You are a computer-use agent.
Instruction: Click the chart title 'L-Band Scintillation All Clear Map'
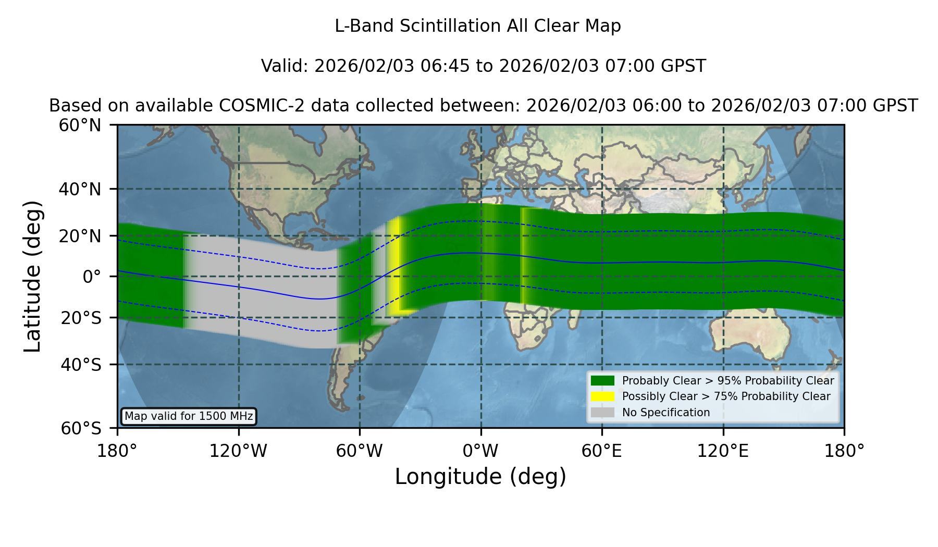[478, 26]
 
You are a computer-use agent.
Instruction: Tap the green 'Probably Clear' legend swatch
[602, 381]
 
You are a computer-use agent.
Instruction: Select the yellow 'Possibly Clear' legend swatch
[602, 396]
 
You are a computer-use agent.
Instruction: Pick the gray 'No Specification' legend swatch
[602, 413]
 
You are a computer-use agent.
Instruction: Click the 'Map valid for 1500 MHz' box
[189, 416]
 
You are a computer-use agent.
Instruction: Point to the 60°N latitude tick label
[80, 125]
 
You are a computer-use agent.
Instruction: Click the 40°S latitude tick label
[81, 364]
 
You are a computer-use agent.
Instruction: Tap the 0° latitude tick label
[92, 277]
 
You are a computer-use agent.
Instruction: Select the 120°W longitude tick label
[238, 451]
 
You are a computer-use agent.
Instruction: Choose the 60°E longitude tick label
[602, 451]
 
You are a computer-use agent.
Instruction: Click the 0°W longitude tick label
[480, 451]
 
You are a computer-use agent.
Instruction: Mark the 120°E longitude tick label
[723, 451]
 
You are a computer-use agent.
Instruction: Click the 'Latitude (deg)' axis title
[32, 277]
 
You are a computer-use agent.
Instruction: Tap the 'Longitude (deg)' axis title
[480, 477]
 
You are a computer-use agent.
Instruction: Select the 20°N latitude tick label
[80, 236]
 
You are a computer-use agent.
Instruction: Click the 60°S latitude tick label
[81, 428]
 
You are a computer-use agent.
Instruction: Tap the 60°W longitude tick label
[359, 451]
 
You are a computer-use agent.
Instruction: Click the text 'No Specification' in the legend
[666, 413]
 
